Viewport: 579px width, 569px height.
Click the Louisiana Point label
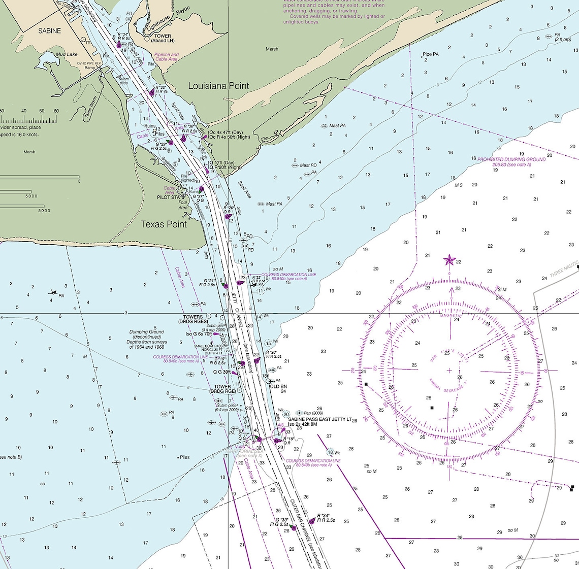coord(218,86)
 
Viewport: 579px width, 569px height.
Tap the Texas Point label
coord(164,224)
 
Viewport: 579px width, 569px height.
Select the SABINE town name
coord(49,31)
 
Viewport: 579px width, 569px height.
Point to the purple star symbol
coord(449,260)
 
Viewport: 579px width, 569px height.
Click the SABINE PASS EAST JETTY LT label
coord(320,419)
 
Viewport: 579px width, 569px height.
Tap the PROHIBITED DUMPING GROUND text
coord(511,159)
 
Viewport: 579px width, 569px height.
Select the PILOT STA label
coord(168,197)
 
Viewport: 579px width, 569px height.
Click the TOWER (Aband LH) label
coord(163,38)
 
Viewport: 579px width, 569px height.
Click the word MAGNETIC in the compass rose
coord(451,316)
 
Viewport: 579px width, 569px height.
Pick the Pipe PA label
coord(430,54)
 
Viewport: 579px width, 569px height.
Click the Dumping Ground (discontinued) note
coord(146,339)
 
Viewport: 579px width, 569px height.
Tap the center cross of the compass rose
coord(449,371)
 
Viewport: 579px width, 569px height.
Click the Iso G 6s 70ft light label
coord(199,334)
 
